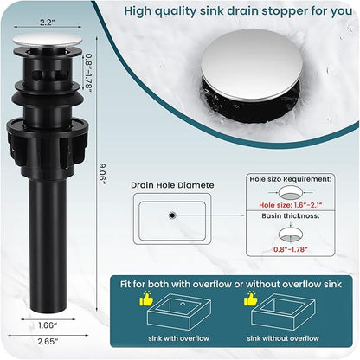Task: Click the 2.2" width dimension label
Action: click(46, 22)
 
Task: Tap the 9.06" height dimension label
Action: click(102, 174)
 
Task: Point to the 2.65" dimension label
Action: click(48, 342)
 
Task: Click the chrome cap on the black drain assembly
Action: click(48, 41)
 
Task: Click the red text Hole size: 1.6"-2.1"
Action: click(290, 205)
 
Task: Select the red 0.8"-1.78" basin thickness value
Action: click(291, 249)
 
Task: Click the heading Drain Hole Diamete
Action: click(172, 185)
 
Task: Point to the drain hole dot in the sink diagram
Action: click(172, 215)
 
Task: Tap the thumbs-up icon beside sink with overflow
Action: click(146, 299)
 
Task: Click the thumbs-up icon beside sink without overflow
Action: click(250, 299)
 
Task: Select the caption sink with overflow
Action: click(178, 338)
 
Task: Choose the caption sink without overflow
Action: click(283, 338)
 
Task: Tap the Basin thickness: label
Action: click(291, 215)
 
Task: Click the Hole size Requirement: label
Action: click(291, 179)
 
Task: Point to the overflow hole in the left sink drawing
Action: click(183, 304)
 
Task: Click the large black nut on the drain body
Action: click(48, 145)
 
